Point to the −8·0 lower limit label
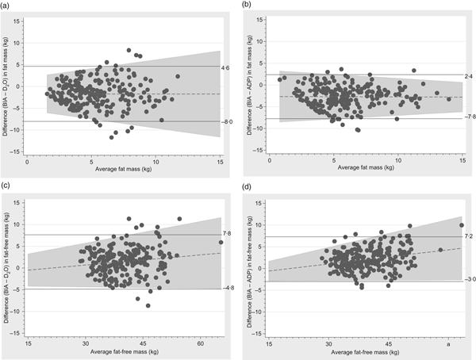coord(226,122)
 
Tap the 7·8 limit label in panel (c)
coord(225,233)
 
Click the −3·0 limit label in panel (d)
coord(468,279)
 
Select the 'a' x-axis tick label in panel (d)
coord(449,343)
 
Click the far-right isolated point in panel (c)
coord(221,243)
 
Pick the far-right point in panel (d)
coord(462,225)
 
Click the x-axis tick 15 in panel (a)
coord(220,162)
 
